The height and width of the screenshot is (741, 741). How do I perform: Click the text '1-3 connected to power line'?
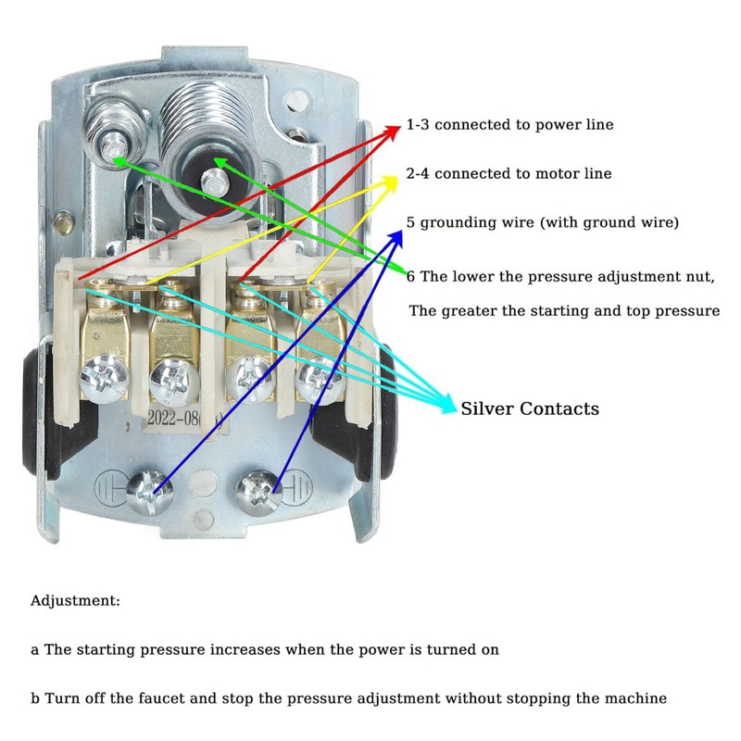click(x=509, y=124)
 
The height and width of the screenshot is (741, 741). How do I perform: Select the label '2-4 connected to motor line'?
click(x=509, y=173)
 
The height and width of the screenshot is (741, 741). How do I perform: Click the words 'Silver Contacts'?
click(x=530, y=408)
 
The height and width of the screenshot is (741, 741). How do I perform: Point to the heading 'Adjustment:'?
click(x=76, y=600)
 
